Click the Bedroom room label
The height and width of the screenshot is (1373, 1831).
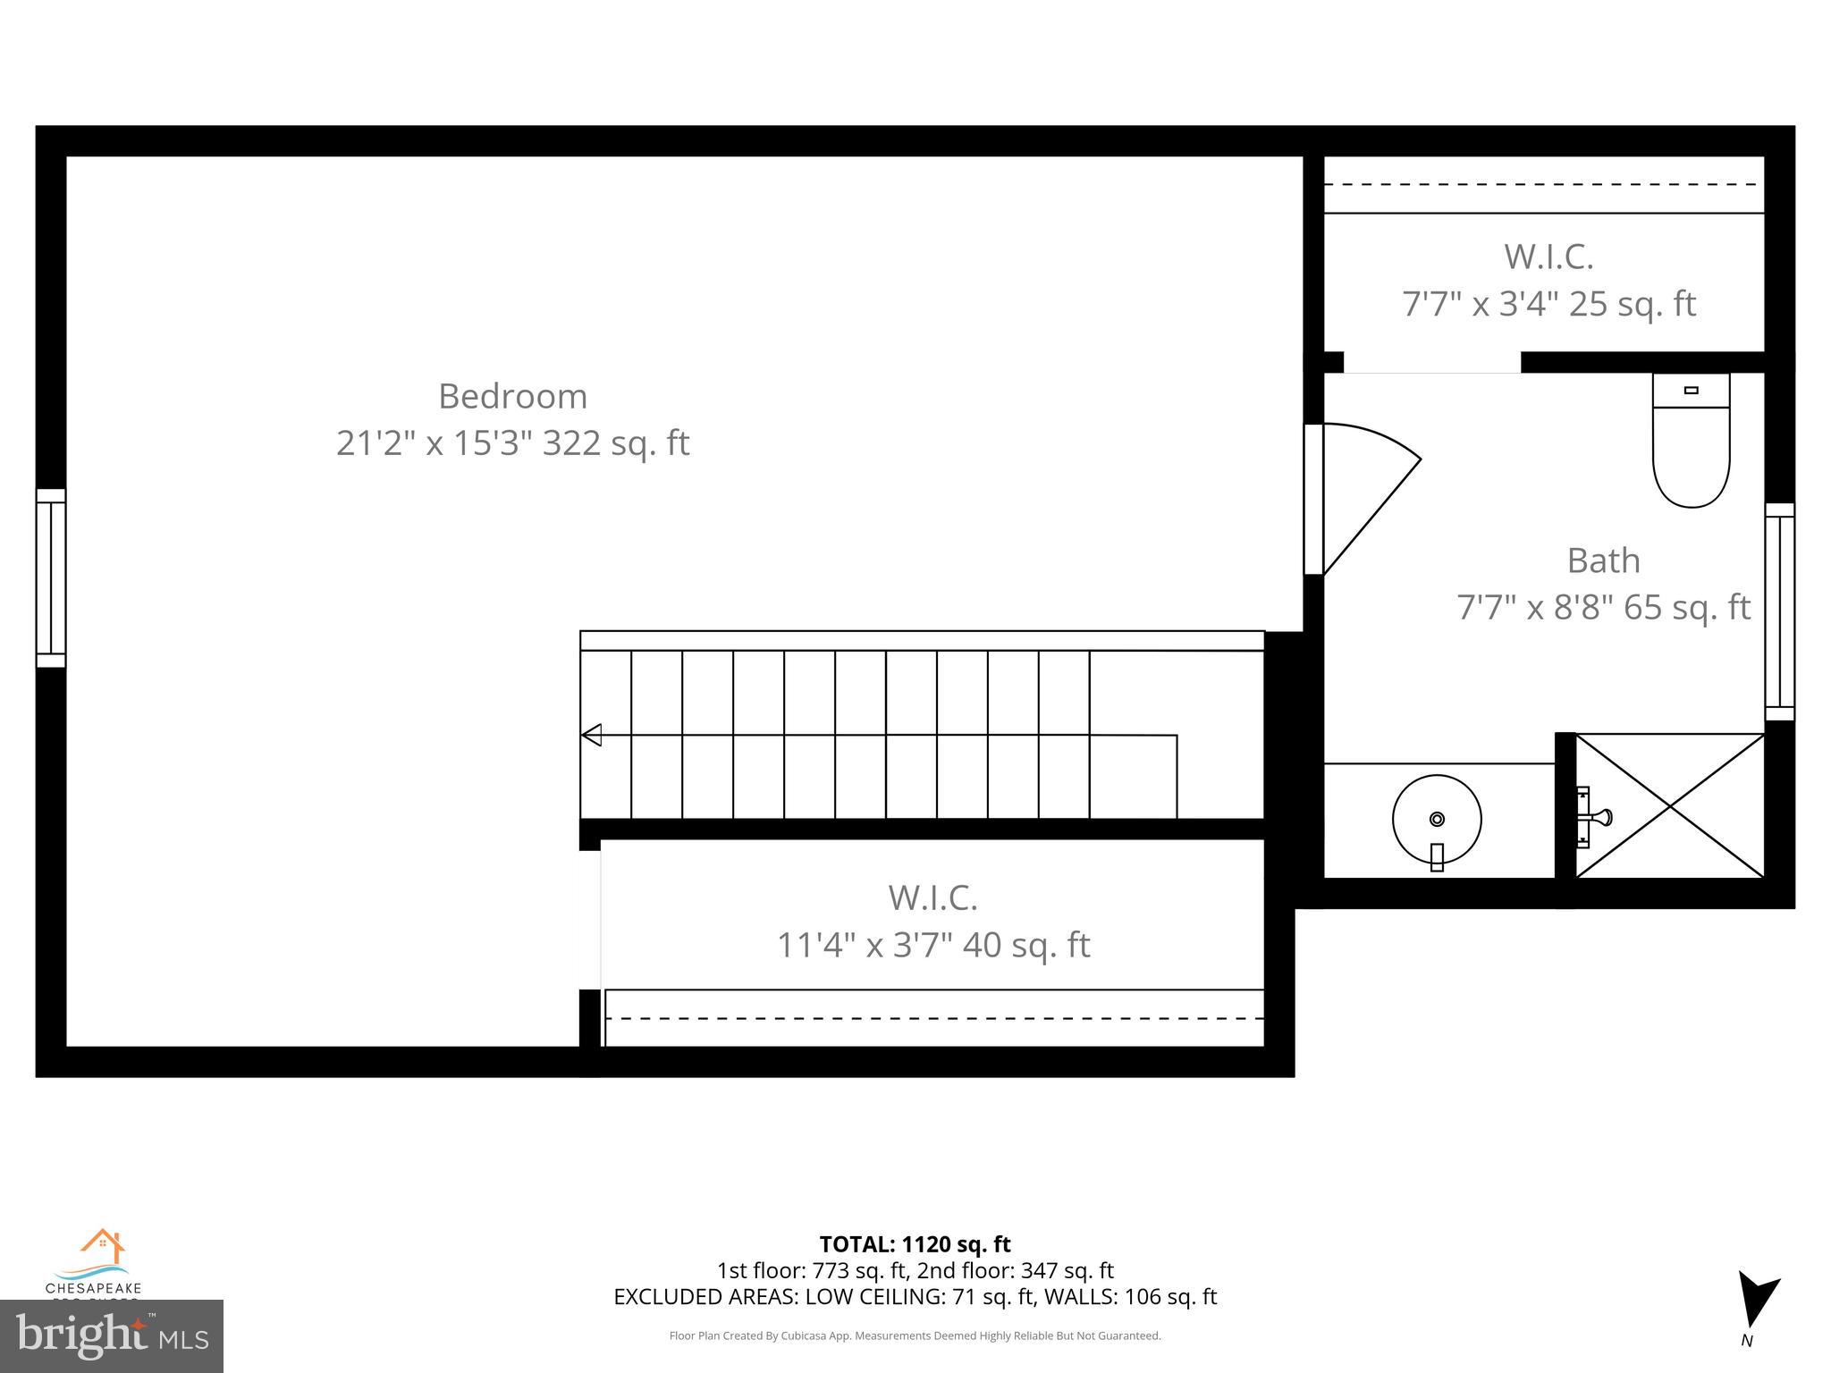[512, 396]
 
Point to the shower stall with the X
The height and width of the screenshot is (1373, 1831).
[1669, 805]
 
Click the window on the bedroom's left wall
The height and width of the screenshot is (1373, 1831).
[51, 578]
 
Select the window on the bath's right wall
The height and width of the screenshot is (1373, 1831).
[1779, 612]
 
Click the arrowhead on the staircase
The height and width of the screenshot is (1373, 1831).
[592, 735]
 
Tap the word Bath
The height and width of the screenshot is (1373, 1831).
[1603, 561]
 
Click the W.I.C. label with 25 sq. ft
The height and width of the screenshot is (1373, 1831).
[1548, 257]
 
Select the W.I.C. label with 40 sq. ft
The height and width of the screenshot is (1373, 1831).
[932, 898]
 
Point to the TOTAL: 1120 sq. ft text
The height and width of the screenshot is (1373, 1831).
[915, 1244]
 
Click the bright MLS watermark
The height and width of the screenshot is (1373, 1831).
[111, 1335]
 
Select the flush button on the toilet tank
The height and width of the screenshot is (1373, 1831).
[1691, 391]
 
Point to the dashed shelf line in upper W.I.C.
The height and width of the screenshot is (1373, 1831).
[1542, 185]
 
